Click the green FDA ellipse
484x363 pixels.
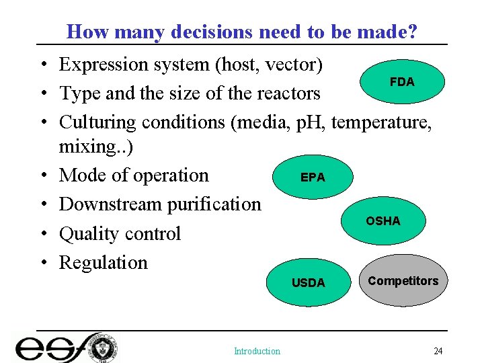[402, 82]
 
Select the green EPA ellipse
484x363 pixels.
[312, 177]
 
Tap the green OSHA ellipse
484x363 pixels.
[382, 221]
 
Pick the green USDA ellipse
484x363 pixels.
[308, 283]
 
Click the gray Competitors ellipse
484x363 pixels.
[403, 281]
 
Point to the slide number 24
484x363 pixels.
[438, 351]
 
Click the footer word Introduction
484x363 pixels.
[257, 351]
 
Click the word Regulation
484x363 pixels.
[103, 262]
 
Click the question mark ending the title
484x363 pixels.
[412, 32]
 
